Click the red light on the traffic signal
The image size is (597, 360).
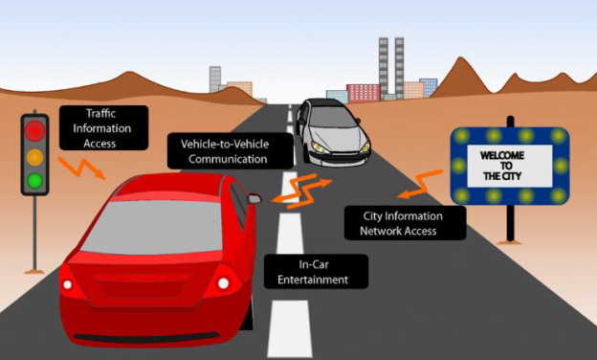(x=35, y=129)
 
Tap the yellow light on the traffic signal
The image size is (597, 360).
(x=35, y=155)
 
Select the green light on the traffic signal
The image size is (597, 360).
(x=35, y=180)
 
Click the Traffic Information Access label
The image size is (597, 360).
(x=100, y=128)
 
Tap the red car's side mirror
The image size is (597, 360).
(x=254, y=198)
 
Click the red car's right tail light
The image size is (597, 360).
(x=224, y=281)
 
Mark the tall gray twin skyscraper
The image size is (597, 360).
(x=390, y=67)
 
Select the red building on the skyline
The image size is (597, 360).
(x=363, y=93)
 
